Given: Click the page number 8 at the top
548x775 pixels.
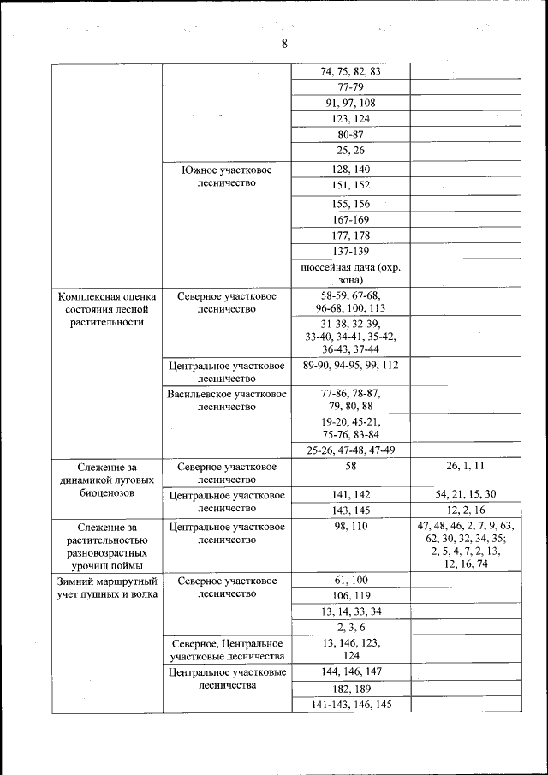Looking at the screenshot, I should [x=283, y=45].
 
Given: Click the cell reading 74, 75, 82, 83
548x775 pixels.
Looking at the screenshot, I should [x=350, y=72].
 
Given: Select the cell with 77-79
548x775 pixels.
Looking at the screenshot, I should [x=350, y=87].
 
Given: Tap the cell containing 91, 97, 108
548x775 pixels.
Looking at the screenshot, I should [x=350, y=104].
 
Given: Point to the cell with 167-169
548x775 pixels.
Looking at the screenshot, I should [x=350, y=219].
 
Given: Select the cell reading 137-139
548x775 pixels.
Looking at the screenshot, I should [x=350, y=251].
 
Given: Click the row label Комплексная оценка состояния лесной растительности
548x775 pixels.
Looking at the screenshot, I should [x=107, y=309].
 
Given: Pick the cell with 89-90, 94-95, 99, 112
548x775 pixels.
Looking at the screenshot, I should [x=350, y=365].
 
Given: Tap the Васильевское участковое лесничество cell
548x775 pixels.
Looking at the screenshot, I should [x=226, y=400].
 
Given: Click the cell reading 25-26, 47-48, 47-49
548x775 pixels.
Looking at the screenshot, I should [x=350, y=450].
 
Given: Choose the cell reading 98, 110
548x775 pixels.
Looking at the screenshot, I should [x=350, y=526].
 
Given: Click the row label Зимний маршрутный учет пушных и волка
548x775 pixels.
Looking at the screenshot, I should [x=107, y=587].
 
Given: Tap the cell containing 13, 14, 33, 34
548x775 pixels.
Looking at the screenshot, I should [x=350, y=611].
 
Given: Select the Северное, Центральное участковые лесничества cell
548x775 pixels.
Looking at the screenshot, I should [x=226, y=649].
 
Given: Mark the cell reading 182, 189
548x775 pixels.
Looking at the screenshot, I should [x=350, y=689].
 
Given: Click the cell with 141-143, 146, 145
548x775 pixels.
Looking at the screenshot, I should [x=350, y=704].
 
